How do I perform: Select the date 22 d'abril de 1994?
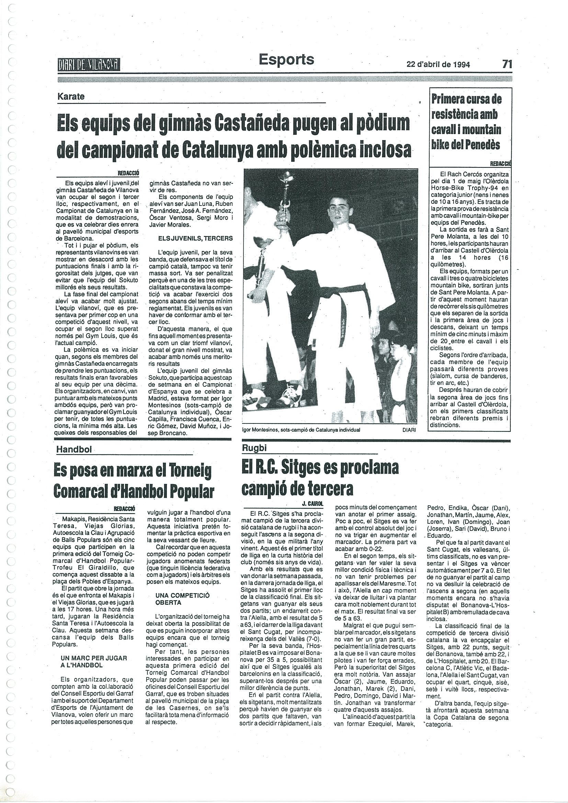point(438,65)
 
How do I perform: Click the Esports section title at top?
point(286,59)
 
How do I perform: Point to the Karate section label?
point(71,96)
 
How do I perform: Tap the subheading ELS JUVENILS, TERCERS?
point(190,238)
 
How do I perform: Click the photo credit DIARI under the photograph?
point(409,430)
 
